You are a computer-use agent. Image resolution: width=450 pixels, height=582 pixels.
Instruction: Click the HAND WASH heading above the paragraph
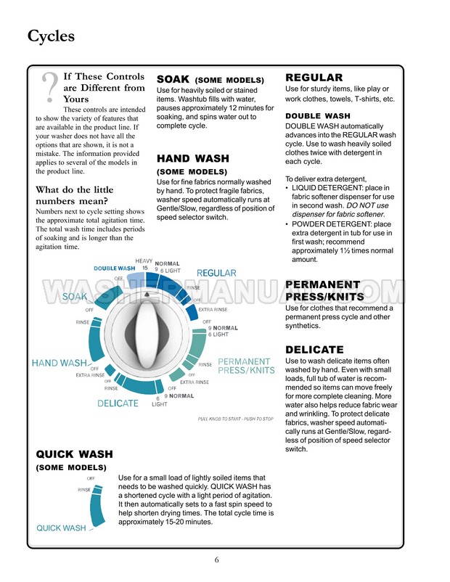coord(192,158)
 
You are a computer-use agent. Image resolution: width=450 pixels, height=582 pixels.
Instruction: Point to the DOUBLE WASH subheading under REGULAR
coord(317,115)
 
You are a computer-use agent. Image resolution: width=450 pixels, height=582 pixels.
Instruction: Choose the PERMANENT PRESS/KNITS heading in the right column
coord(322,291)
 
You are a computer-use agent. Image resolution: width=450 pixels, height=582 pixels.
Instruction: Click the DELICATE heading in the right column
coord(314,350)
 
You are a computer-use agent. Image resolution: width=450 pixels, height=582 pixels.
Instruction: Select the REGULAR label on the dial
coord(216,273)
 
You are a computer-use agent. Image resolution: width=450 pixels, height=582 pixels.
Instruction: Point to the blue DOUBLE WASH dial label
coord(115,269)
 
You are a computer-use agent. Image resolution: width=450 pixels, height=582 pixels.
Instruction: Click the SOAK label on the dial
coord(75,297)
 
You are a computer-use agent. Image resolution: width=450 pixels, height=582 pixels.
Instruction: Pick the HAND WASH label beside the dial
coord(60,362)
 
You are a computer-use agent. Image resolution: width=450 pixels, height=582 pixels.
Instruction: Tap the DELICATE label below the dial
coord(118,403)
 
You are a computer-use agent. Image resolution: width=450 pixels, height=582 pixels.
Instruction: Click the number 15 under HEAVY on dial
coord(144,268)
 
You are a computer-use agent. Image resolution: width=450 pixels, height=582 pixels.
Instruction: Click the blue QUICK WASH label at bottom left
coord(61,528)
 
